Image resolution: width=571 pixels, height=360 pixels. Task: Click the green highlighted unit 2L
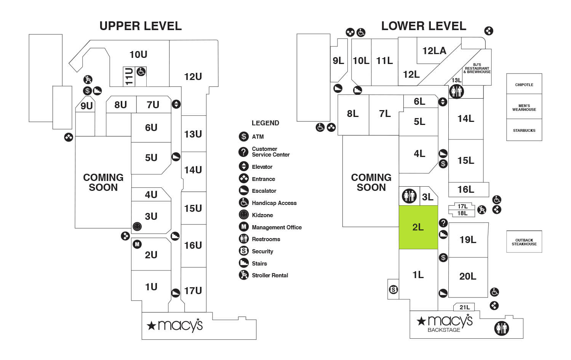point(418,227)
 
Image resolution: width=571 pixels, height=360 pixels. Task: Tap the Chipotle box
point(524,85)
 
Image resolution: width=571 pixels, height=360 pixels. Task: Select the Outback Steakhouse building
point(524,242)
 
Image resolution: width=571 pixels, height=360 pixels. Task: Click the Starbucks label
point(524,130)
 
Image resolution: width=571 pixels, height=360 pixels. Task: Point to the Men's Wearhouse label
point(524,108)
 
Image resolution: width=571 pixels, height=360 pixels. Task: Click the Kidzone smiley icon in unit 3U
point(137,227)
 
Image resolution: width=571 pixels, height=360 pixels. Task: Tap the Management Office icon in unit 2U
point(137,244)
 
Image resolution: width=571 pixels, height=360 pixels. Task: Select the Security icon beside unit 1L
point(393,290)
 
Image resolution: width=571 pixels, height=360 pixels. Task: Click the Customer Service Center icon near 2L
point(443,223)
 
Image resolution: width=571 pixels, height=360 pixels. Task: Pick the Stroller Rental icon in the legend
point(244,275)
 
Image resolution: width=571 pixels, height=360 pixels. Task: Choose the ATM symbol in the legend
point(244,136)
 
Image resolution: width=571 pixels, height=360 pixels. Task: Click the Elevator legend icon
point(244,166)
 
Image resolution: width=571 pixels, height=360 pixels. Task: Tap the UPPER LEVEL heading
point(141,26)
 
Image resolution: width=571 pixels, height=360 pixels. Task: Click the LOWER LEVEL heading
point(424,26)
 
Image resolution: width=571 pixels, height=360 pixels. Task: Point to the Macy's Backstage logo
point(445,323)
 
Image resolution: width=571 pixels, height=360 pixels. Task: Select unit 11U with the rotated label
point(129,77)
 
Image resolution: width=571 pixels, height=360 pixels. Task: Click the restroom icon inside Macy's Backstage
point(501,328)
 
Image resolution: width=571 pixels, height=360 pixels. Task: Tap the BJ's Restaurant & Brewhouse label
point(477,69)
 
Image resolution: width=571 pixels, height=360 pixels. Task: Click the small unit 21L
point(464,307)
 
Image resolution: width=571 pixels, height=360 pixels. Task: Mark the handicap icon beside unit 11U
point(141,71)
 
